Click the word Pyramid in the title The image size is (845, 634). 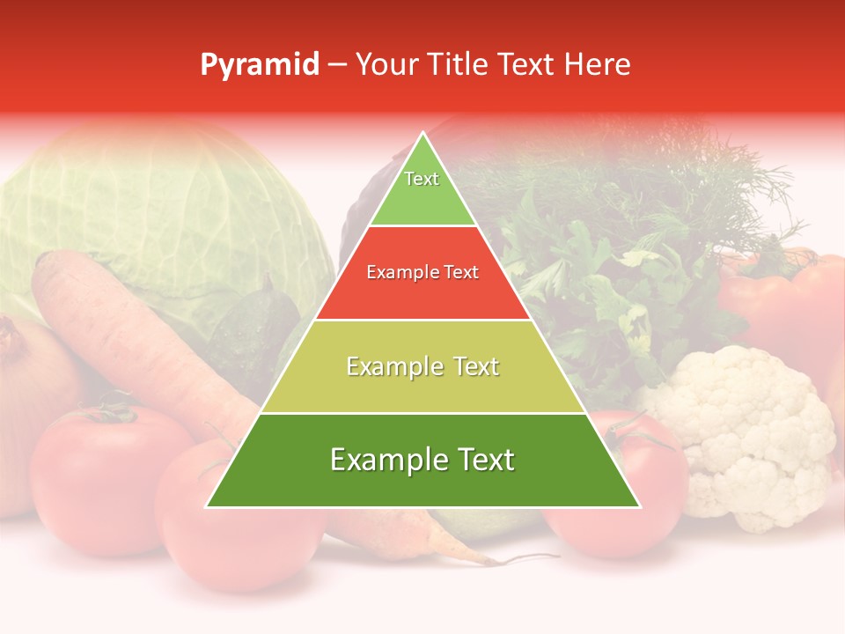(259, 65)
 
